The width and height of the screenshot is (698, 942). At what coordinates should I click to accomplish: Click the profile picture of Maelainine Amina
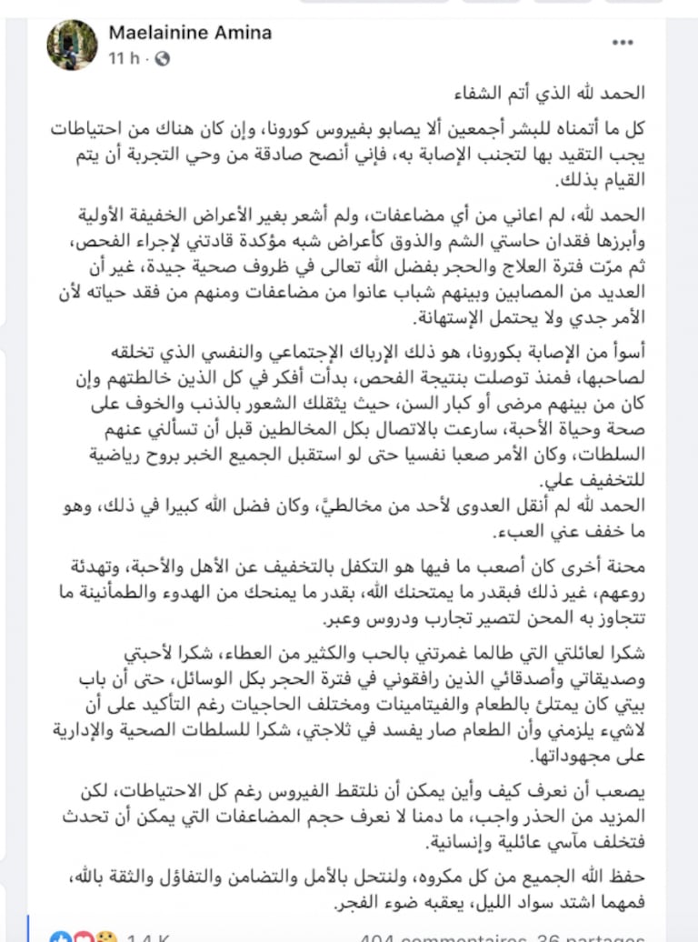(72, 45)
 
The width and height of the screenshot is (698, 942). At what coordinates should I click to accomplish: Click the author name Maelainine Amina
(190, 33)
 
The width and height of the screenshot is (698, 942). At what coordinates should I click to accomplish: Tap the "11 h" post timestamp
(125, 58)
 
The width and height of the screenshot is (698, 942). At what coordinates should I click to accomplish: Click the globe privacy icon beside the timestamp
(163, 58)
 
